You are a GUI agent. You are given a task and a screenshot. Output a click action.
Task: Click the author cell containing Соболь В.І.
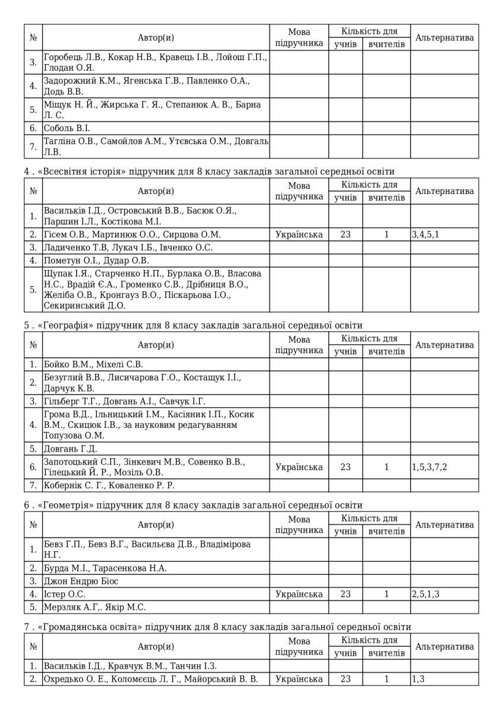coord(66,128)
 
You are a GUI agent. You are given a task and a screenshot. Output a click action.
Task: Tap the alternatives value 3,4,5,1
coord(425,234)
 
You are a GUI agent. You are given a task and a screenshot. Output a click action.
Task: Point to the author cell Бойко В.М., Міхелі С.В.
coord(93,364)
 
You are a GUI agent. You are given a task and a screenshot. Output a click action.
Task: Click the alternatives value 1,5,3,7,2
coord(430,467)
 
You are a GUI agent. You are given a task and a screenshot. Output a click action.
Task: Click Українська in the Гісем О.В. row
coord(299,234)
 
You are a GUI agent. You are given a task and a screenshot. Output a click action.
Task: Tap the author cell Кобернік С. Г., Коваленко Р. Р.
coord(118,485)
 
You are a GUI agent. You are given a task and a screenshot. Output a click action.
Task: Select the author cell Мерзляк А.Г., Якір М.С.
coord(95,607)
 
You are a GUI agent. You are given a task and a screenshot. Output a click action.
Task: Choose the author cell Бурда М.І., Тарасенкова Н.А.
coord(105,568)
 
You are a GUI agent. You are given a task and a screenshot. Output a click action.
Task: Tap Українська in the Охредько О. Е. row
coord(299,679)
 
